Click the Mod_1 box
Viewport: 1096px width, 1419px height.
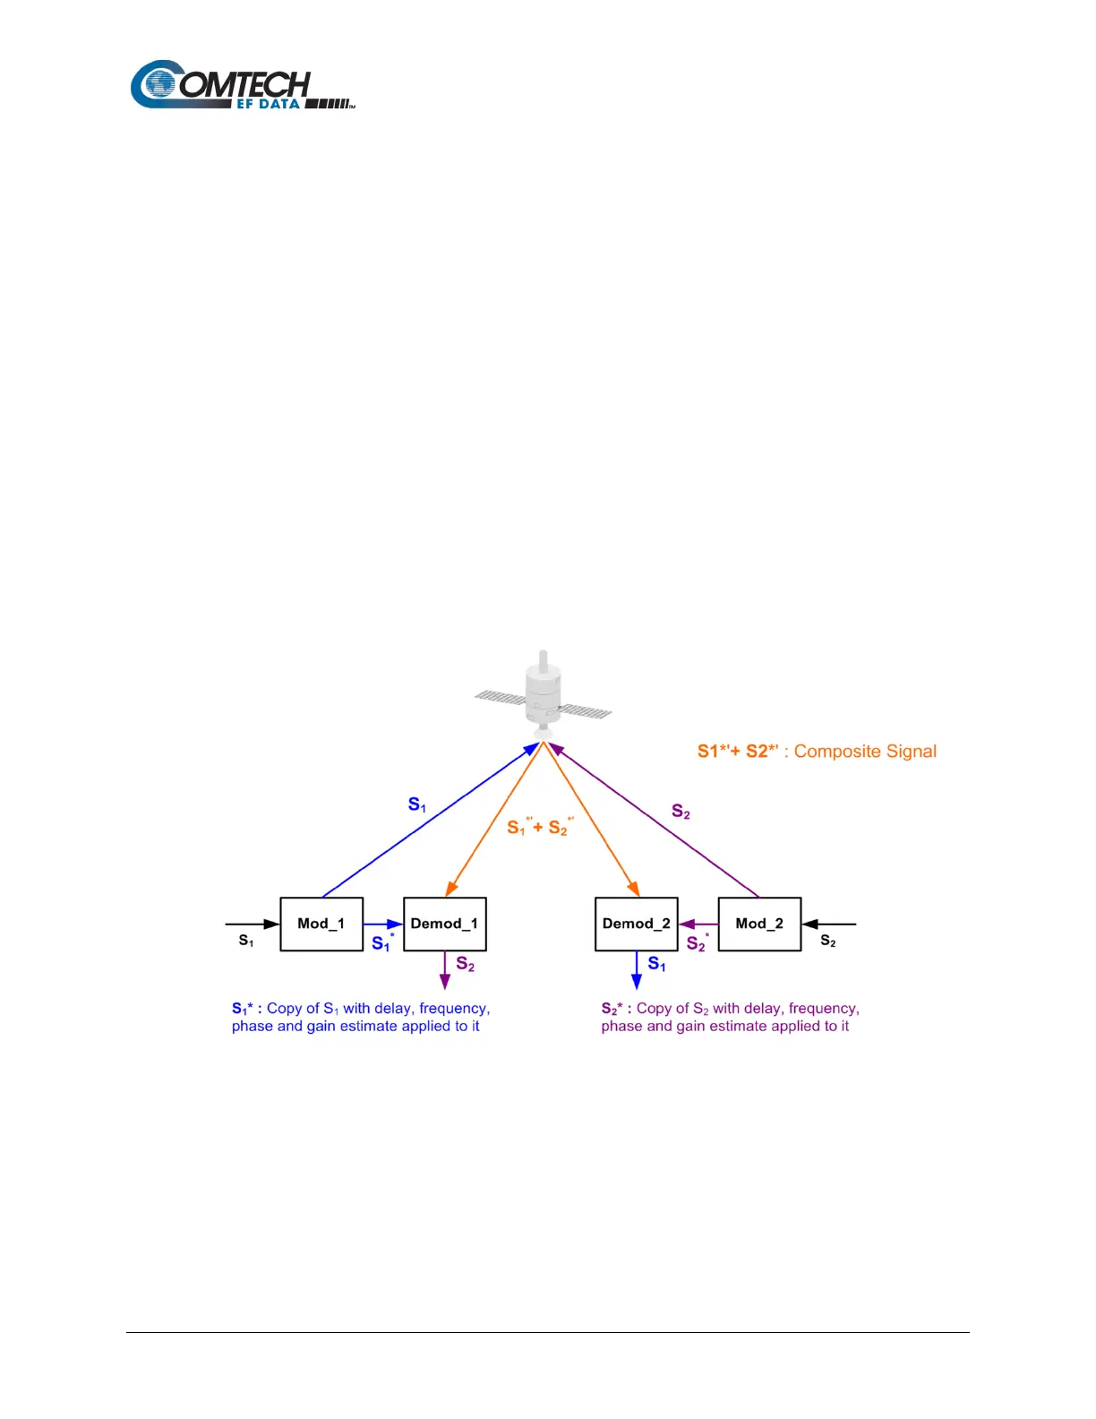tap(321, 924)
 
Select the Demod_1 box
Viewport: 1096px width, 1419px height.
tap(445, 924)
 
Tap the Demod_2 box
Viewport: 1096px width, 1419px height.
tap(637, 924)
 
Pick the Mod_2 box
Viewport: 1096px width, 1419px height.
tap(759, 924)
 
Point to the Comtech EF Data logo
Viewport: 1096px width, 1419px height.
tap(242, 86)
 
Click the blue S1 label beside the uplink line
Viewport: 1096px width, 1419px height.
tap(417, 804)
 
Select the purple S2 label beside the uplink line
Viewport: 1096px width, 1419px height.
tap(681, 812)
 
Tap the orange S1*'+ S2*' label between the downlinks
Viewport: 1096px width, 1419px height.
tap(540, 827)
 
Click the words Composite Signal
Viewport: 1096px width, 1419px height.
tap(865, 752)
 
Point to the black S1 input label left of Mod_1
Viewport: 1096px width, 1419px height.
tap(246, 941)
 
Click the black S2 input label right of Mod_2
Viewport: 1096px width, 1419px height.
tap(828, 941)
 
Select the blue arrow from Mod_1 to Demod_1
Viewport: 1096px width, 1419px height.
tap(383, 924)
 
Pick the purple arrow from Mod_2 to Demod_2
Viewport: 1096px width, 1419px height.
tap(698, 924)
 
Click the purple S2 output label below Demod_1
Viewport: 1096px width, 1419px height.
tap(466, 964)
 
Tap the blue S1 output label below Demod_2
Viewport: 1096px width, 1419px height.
tap(657, 964)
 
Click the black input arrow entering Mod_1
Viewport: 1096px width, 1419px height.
tap(253, 924)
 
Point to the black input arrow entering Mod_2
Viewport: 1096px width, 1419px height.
tap(829, 924)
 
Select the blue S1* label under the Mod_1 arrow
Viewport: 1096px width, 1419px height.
tap(382, 943)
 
